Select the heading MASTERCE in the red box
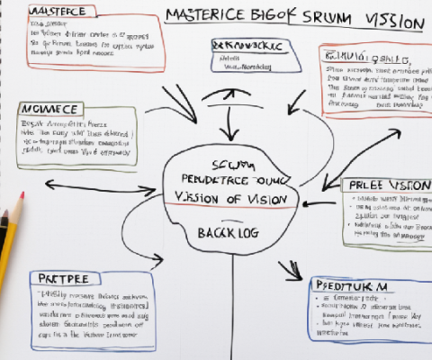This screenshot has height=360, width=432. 57,11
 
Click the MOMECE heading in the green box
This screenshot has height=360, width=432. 47,108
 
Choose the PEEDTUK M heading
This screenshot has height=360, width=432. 350,284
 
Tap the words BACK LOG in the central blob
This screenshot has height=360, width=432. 228,232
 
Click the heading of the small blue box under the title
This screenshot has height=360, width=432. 246,45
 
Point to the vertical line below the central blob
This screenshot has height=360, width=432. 233,306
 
